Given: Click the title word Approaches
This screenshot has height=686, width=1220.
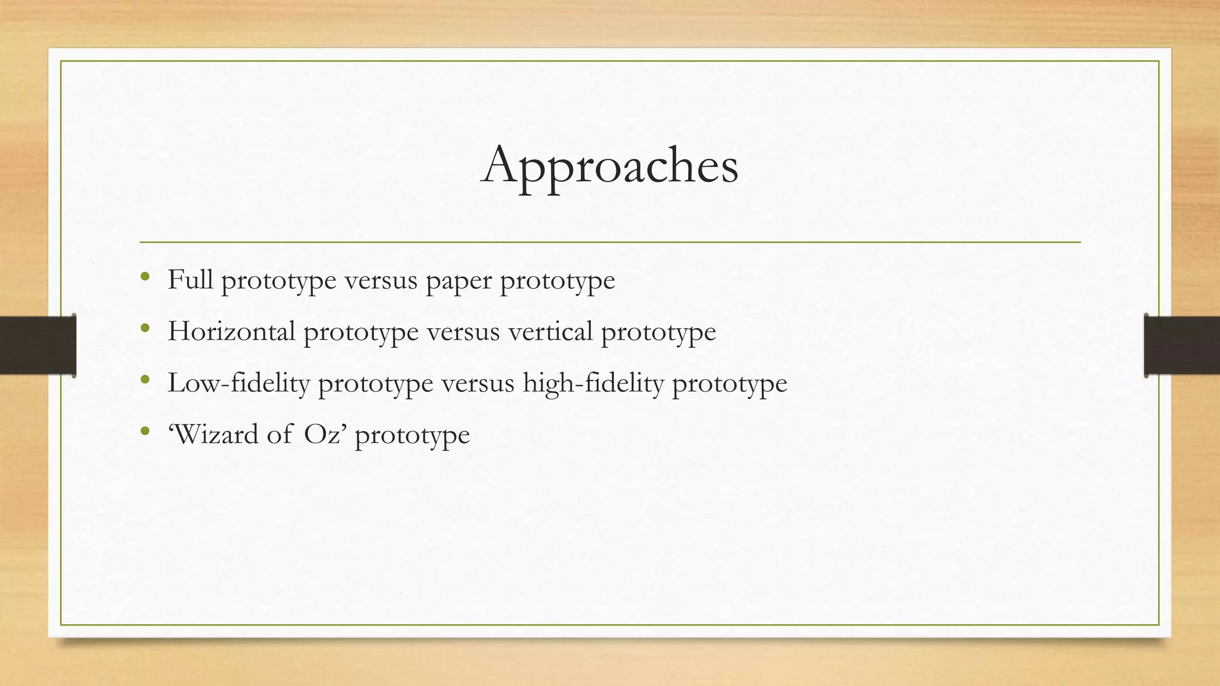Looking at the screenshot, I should coord(609,166).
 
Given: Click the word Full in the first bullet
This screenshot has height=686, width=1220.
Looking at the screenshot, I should coord(190,279).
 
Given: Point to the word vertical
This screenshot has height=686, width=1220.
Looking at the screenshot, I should coord(550,331).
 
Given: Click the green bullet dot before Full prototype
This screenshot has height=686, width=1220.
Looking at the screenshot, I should coord(145,277).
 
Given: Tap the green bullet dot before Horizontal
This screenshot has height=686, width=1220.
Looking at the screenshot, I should coord(145,328).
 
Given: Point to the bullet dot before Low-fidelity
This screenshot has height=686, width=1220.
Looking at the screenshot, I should coord(145,379).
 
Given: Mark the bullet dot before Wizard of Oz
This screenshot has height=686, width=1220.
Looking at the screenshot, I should coord(145,431).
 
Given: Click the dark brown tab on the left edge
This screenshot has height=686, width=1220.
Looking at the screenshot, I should coord(38,345).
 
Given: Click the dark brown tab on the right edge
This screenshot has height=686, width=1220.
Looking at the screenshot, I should coord(1182,345).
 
